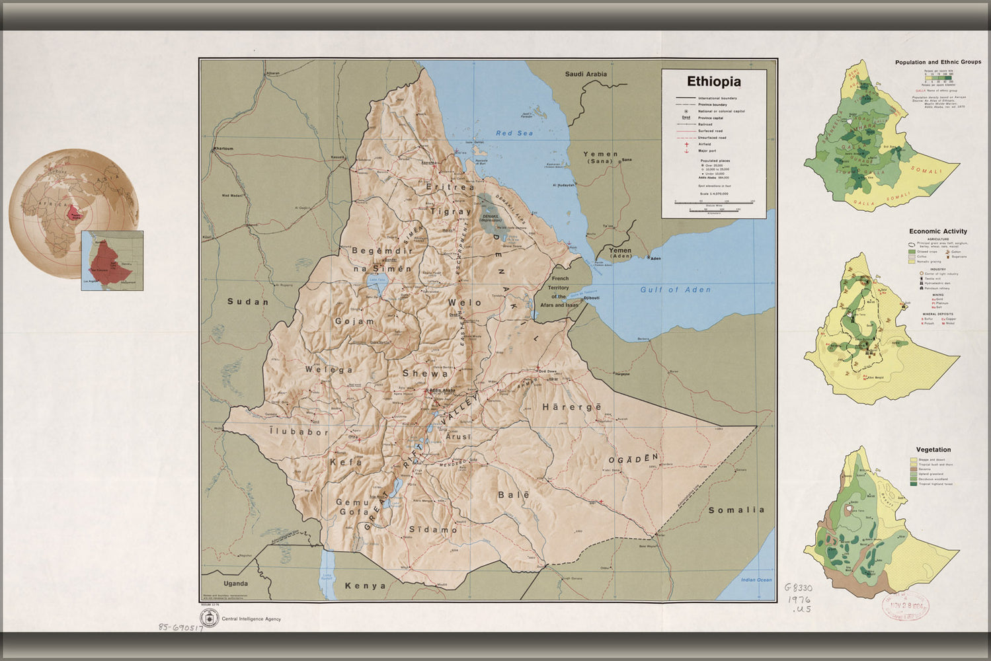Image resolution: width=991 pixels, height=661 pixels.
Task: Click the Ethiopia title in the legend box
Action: click(713, 82)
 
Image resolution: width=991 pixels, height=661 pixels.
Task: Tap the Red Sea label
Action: click(514, 134)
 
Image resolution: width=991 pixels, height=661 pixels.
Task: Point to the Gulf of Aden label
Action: click(675, 290)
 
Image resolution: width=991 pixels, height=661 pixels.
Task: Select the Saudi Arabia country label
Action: click(585, 74)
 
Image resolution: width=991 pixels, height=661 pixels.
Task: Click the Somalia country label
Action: click(736, 510)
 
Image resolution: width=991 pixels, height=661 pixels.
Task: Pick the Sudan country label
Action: click(248, 301)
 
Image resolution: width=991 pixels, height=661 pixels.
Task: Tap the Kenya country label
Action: click(365, 586)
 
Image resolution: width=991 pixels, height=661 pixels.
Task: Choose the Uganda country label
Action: click(235, 584)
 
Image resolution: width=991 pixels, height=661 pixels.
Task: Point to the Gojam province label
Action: click(354, 321)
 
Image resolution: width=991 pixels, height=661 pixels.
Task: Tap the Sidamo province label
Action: click(433, 529)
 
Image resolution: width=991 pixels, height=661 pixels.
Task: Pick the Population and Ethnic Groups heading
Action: click(937, 62)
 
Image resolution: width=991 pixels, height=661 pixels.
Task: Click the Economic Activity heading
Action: click(937, 231)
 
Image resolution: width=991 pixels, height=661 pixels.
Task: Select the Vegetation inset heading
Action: click(933, 449)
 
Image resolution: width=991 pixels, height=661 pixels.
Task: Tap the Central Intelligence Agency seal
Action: click(210, 619)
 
